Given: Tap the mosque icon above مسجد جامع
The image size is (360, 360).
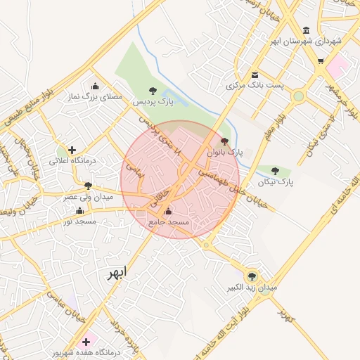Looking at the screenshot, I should [x=167, y=211].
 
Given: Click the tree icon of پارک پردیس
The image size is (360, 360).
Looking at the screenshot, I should [x=153, y=90].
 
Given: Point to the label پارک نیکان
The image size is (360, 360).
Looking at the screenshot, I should [x=274, y=182].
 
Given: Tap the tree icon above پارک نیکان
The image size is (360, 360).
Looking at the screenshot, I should [x=274, y=171].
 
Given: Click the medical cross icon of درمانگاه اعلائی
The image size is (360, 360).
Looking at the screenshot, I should [x=71, y=150].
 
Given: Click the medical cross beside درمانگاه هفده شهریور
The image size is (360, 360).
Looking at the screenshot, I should [x=86, y=340].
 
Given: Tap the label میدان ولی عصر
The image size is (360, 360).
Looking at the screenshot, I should [x=89, y=197].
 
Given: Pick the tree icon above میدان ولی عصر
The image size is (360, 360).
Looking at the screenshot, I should [x=88, y=186].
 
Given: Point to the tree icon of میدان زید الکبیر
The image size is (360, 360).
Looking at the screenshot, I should [x=252, y=276].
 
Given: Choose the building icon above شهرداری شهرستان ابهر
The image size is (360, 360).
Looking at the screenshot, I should [x=306, y=31].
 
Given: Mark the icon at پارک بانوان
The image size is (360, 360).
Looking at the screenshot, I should [x=224, y=141].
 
